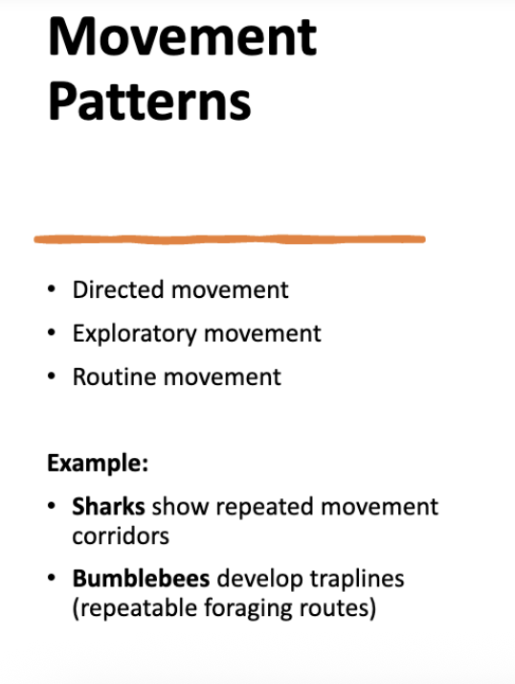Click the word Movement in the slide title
[x=182, y=35]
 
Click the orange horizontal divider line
[x=230, y=239]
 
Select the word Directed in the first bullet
[x=112, y=289]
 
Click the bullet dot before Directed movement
[x=52, y=290]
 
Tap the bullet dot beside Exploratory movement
[x=52, y=333]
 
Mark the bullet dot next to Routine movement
[x=52, y=376]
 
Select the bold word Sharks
[x=109, y=506]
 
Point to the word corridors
[x=121, y=536]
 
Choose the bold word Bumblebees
[x=141, y=579]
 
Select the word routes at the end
[x=334, y=608]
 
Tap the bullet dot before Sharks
[x=52, y=506]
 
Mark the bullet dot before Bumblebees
[x=52, y=579]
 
